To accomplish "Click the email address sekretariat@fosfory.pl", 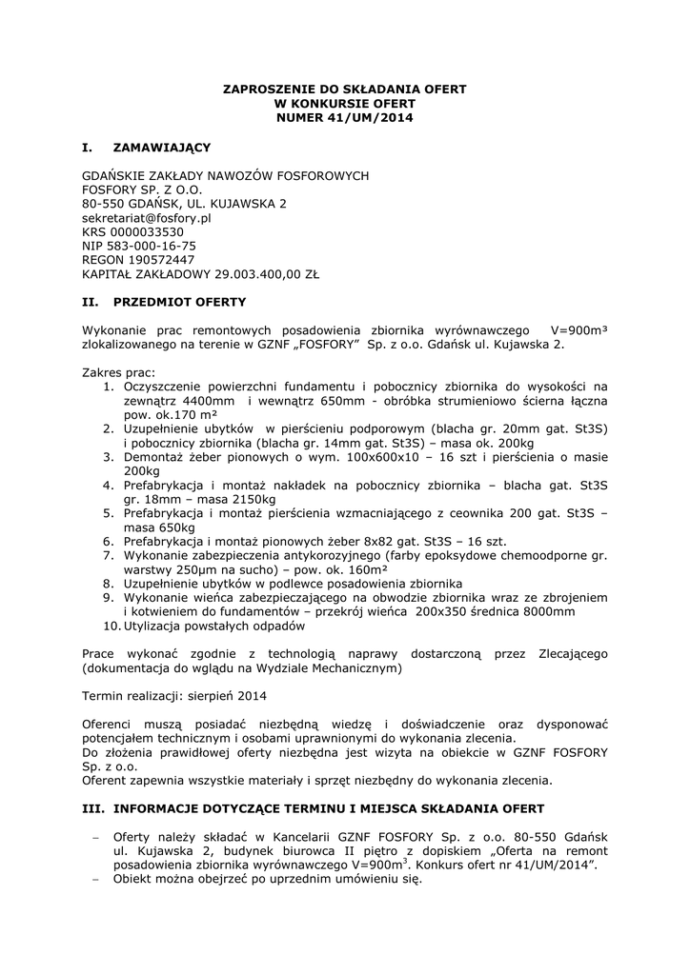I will (x=147, y=217).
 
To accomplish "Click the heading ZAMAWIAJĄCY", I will (x=161, y=148).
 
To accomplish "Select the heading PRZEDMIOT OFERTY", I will (x=179, y=302).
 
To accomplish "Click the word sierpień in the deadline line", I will (x=213, y=696).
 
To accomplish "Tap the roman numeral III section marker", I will (x=93, y=808).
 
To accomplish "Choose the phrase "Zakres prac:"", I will (x=118, y=372).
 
